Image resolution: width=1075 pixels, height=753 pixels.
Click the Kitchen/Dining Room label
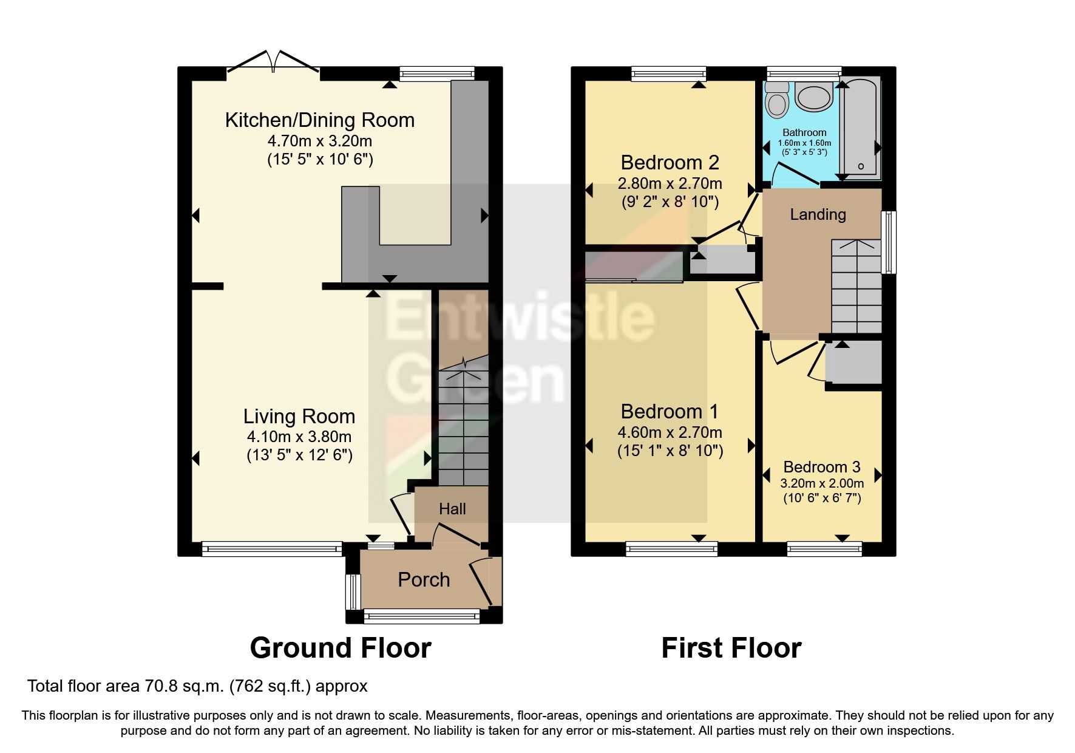point(319,120)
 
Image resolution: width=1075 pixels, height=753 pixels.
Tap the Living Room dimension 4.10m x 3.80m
point(299,437)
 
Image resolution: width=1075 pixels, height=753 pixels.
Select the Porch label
point(424,580)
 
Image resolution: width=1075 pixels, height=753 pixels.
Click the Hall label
point(452,509)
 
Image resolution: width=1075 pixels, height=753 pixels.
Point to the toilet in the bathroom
point(777,101)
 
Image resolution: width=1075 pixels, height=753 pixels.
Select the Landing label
point(818,214)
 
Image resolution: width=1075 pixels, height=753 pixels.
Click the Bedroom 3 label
point(821,467)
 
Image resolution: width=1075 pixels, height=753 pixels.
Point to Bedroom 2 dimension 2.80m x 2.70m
point(670,183)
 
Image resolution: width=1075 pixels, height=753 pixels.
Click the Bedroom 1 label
point(670,412)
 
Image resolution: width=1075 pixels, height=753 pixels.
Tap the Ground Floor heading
point(341,648)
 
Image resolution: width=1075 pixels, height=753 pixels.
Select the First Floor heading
point(731,648)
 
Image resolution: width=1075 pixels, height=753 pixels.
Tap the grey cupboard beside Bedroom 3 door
point(853,363)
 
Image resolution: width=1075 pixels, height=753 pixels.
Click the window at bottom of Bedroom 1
point(671,549)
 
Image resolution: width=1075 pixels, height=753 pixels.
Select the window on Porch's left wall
point(352,591)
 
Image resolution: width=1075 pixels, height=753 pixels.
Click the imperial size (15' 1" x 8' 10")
point(670,451)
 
